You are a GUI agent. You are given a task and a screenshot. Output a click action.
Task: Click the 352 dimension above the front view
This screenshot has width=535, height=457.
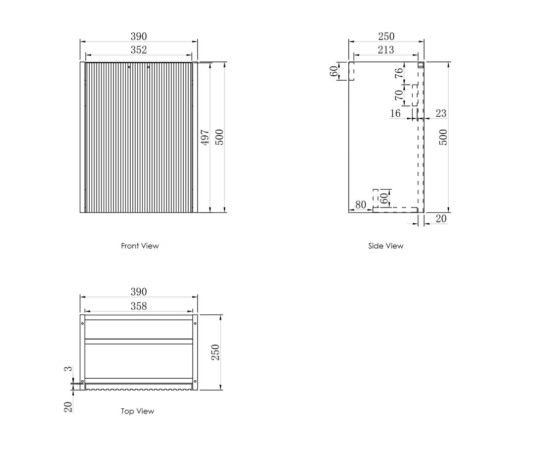coord(139,50)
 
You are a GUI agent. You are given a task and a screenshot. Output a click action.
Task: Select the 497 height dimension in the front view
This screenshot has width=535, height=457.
coord(205,138)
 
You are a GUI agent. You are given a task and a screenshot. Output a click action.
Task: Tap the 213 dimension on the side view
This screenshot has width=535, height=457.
coord(386,50)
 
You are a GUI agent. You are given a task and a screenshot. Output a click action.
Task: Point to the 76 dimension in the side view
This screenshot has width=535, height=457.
coord(398,73)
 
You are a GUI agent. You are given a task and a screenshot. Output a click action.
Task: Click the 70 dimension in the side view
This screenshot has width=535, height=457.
coord(398,95)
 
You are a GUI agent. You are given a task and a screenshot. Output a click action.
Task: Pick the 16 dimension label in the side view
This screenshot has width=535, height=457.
coord(395,113)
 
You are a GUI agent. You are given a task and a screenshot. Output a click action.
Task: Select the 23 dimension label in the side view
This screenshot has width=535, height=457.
coord(441,113)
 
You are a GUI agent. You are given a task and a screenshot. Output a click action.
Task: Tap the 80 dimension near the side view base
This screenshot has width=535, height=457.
coord(361,204)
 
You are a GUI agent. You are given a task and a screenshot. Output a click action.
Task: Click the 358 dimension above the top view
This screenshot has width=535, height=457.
coord(139,306)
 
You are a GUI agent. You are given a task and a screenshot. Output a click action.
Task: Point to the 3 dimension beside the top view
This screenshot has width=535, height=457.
coord(68,369)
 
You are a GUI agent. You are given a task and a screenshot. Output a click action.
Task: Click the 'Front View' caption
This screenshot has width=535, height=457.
coord(140,246)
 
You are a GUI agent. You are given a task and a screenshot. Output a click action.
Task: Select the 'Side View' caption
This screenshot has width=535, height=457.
coord(385,246)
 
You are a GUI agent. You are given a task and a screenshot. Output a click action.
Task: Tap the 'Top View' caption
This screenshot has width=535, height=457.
coord(138,411)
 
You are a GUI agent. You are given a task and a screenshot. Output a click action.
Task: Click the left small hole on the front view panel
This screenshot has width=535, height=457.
coord(129,67)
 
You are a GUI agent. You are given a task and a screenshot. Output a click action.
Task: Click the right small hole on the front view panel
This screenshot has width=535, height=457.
coord(149,67)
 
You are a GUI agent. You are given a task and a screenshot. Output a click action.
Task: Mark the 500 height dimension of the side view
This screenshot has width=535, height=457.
coord(442,137)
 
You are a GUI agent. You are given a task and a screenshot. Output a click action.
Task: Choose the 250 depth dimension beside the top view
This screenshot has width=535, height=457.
coord(215,353)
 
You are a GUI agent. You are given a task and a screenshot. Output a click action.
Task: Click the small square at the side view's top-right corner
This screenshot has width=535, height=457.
coord(421,65)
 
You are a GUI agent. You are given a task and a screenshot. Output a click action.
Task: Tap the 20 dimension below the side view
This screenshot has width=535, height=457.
coord(441,219)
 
